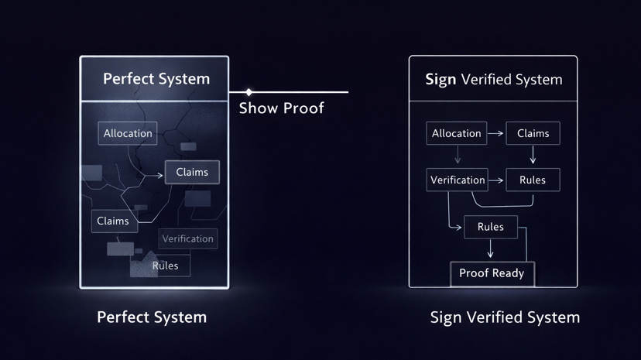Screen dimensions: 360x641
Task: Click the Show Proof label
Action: (281, 108)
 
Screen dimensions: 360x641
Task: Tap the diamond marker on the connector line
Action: (249, 92)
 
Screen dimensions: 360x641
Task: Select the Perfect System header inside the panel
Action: (156, 79)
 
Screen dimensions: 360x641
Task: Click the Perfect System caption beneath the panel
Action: (152, 317)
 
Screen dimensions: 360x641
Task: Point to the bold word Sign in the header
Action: (440, 80)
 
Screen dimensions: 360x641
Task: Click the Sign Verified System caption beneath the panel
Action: (505, 317)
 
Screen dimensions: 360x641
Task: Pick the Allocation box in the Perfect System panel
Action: (128, 133)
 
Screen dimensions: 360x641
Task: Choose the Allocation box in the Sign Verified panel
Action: (457, 133)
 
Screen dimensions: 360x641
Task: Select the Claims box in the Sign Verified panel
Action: (533, 133)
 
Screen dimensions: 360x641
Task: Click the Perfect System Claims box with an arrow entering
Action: (192, 172)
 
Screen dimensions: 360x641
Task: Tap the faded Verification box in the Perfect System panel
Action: (187, 238)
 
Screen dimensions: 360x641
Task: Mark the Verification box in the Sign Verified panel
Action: (458, 180)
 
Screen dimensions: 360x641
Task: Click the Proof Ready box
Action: (492, 273)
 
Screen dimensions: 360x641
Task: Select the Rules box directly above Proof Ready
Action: (491, 227)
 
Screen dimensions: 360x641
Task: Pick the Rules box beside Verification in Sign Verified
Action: (533, 180)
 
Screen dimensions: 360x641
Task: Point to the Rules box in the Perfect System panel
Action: (166, 266)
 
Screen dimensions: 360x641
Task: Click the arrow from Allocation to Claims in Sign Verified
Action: (496, 133)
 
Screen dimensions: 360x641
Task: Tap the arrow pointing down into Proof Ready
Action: (491, 249)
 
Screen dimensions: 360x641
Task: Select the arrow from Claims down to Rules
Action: (533, 156)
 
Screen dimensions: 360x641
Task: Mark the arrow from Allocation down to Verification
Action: (458, 156)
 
